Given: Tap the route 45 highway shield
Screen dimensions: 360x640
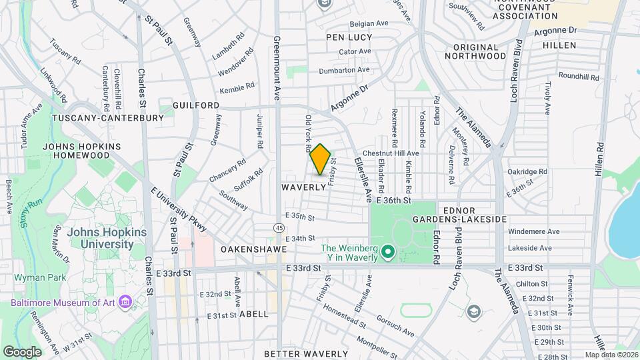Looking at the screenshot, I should [277, 228].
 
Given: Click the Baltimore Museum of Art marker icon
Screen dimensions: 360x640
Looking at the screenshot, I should [124, 303].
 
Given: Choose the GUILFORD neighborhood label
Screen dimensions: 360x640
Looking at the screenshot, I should [196, 106].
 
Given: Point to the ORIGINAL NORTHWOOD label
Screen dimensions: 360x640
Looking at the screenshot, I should [489, 52].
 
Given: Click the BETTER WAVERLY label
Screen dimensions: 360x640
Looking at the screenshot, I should [306, 353].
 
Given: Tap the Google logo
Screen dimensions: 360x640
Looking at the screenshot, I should [21, 351].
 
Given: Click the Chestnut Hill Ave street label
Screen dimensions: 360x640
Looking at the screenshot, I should [391, 153].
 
